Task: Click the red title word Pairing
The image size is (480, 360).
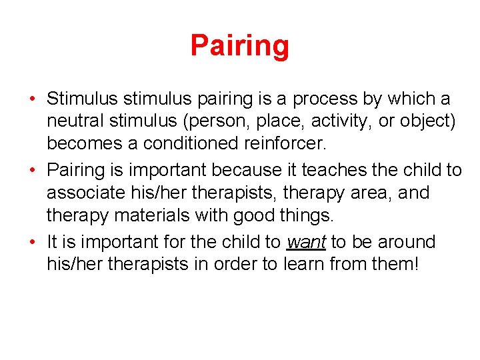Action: pos(239,46)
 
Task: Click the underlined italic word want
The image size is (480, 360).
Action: pos(305,241)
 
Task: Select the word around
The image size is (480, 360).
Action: pos(402,241)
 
